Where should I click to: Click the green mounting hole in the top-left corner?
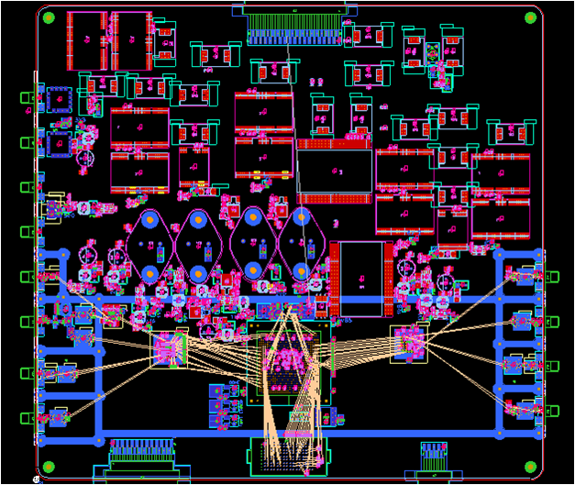click(49, 17)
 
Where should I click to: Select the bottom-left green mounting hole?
click(49, 466)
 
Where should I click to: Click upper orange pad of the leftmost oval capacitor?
click(148, 221)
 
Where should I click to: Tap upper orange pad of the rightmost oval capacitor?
click(302, 219)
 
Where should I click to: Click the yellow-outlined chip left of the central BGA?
click(169, 347)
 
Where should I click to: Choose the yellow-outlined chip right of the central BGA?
click(409, 343)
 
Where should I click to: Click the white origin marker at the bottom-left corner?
click(38, 478)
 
